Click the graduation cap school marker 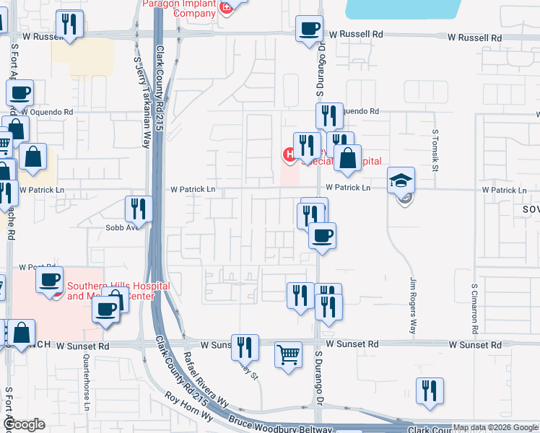(401, 181)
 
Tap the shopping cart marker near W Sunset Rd (288, 356)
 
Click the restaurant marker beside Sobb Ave (137, 209)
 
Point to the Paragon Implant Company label (178, 8)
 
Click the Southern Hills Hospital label (118, 291)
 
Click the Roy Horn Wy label (189, 408)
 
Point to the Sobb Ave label (122, 227)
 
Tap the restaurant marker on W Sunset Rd (245, 347)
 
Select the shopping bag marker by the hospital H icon (347, 159)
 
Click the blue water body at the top (404, 9)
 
